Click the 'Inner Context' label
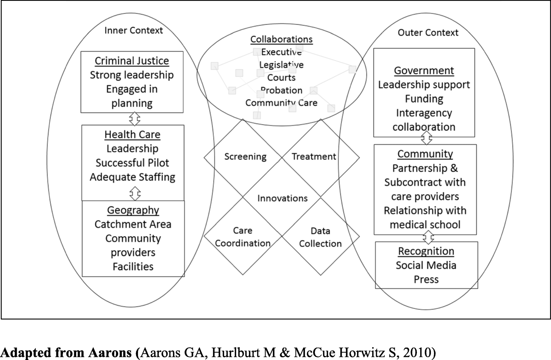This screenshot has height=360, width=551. (133, 30)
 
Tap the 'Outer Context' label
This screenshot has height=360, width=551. (428, 33)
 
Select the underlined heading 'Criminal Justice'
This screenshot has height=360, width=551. (132, 61)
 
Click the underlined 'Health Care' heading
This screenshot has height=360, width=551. (132, 134)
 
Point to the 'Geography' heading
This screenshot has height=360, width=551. (133, 210)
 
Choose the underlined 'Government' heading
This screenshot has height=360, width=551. (424, 71)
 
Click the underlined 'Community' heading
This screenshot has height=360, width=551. (425, 154)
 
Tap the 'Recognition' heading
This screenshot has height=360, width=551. (426, 251)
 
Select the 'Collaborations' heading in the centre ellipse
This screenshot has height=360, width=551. (281, 39)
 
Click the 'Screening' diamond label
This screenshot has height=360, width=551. (245, 157)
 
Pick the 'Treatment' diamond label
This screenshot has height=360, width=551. (314, 157)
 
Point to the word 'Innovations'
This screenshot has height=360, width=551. (282, 198)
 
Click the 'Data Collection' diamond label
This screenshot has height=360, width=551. (320, 237)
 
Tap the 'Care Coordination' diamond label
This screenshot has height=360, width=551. (242, 237)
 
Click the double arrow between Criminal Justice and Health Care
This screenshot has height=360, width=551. (134, 119)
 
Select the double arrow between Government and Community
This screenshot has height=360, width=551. (427, 137)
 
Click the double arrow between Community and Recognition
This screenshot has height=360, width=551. (428, 237)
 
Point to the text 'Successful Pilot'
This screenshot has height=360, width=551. (132, 163)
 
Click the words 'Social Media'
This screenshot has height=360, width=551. (426, 265)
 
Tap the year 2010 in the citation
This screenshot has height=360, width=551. (418, 353)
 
